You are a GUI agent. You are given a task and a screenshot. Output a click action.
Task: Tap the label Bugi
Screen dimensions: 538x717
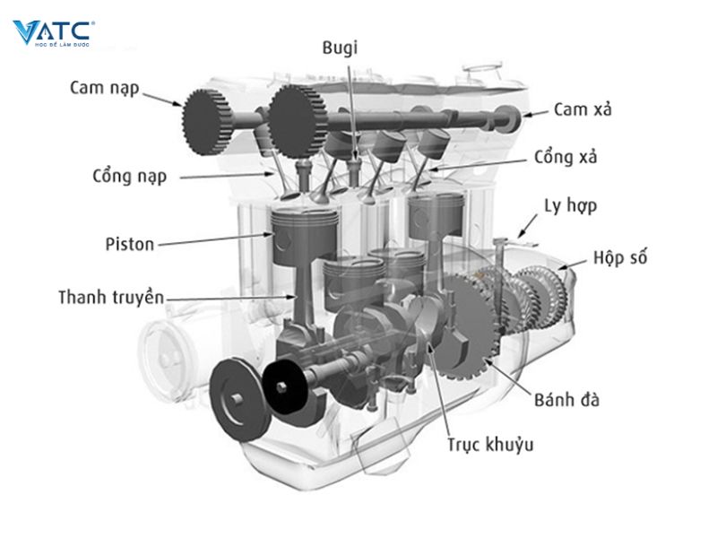coord(340,48)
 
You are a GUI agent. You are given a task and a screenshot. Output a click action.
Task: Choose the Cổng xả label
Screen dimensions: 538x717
coord(566,157)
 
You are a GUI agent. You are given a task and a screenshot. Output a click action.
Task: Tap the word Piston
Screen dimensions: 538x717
coord(129,243)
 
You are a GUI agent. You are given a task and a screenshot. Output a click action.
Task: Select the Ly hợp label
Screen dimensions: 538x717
coord(570,205)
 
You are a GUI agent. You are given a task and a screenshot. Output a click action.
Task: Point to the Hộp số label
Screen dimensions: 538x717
coord(619,258)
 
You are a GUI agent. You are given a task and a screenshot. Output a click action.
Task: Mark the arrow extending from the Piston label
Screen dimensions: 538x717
coord(224,239)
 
